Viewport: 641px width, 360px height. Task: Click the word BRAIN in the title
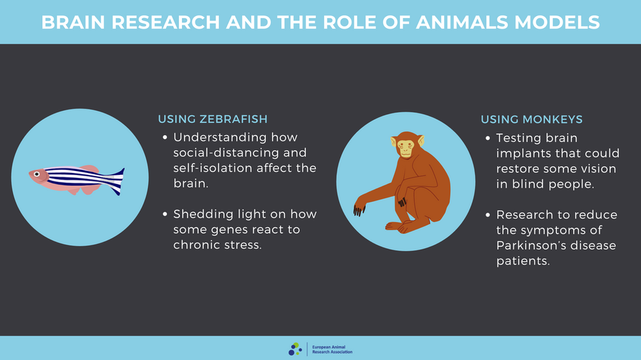[72, 22]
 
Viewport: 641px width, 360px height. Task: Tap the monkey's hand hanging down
[360, 208]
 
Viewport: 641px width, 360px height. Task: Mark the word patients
[522, 261]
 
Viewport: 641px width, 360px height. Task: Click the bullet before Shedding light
[166, 215]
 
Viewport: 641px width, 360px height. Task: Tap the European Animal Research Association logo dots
[295, 348]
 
